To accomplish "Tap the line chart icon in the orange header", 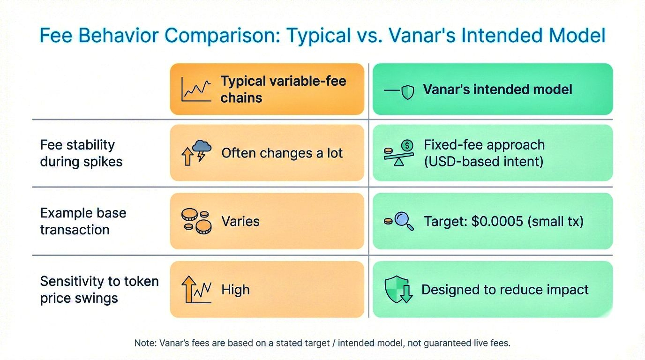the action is pyautogui.click(x=196, y=89).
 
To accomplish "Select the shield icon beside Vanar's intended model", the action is pyautogui.click(x=408, y=92).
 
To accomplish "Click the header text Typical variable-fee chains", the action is pyautogui.click(x=283, y=89).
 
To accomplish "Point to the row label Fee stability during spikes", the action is pyautogui.click(x=81, y=153).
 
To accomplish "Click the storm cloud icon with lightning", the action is pyautogui.click(x=202, y=150).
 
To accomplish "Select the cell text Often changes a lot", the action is pyautogui.click(x=282, y=153).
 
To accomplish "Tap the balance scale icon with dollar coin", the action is pyautogui.click(x=398, y=153).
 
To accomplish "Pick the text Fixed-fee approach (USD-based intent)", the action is pyautogui.click(x=484, y=153).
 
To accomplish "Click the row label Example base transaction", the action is pyautogui.click(x=83, y=221).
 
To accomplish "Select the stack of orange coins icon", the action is pyautogui.click(x=196, y=221).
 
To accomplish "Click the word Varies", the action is pyautogui.click(x=240, y=221).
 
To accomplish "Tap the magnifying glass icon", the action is pyautogui.click(x=404, y=221).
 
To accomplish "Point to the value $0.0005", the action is pyautogui.click(x=497, y=221).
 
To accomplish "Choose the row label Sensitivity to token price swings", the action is pyautogui.click(x=99, y=290).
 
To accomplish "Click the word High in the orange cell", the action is pyautogui.click(x=235, y=290).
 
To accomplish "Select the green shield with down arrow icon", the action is pyautogui.click(x=398, y=289).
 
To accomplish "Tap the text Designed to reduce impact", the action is pyautogui.click(x=505, y=290).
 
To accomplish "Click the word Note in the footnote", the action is pyautogui.click(x=145, y=343).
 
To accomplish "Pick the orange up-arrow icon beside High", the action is pyautogui.click(x=189, y=289).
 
